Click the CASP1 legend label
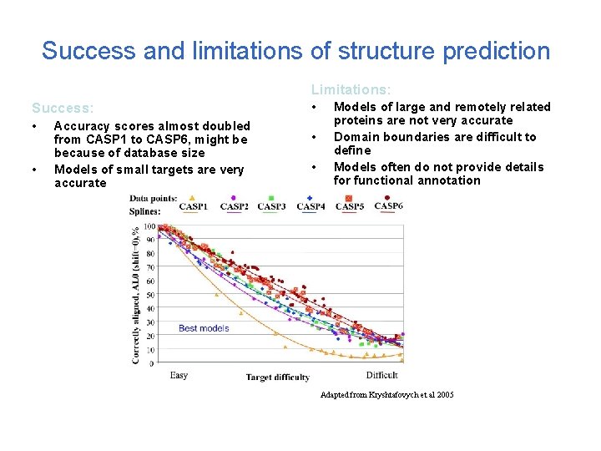click(x=194, y=205)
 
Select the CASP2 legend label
click(x=234, y=205)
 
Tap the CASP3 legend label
click(x=271, y=205)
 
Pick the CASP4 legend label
click(x=311, y=205)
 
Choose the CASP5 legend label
click(x=351, y=205)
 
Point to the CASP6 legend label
click(x=389, y=205)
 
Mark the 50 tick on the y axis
click(x=150, y=295)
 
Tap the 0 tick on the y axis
click(x=152, y=363)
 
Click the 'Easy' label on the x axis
click(x=179, y=376)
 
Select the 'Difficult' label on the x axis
click(x=382, y=376)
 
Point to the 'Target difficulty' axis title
click(x=277, y=378)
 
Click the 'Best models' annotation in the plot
click(x=204, y=328)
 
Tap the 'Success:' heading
click(x=63, y=108)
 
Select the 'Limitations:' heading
click(x=351, y=89)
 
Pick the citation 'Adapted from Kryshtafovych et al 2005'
click(x=387, y=394)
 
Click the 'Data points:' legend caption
click(x=153, y=199)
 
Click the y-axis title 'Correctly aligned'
click(x=136, y=326)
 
